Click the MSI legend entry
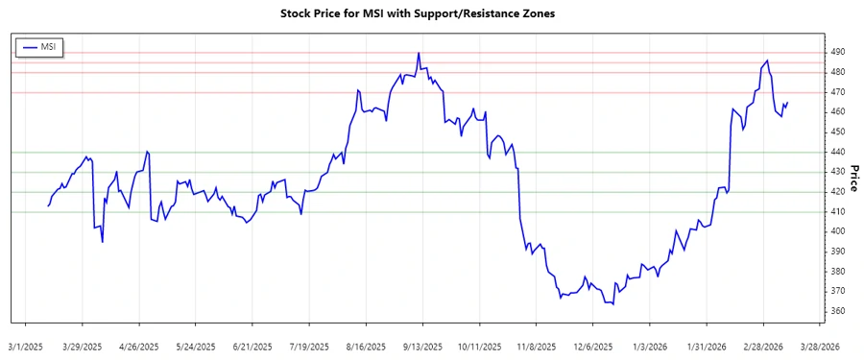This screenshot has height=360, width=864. (x=39, y=46)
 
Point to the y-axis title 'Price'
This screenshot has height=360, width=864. (x=852, y=177)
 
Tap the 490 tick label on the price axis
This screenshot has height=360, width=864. (x=838, y=52)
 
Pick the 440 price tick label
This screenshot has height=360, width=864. (x=838, y=152)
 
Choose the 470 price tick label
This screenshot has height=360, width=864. (x=838, y=92)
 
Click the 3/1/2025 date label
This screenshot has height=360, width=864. (x=26, y=346)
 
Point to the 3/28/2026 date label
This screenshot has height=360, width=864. (x=820, y=346)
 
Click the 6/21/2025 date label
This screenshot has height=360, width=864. (x=252, y=346)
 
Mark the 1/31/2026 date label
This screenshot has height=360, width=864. (x=707, y=346)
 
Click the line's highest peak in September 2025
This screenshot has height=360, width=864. (x=419, y=54)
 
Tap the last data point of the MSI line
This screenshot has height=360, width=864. (x=788, y=103)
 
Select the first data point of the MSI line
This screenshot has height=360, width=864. (x=48, y=205)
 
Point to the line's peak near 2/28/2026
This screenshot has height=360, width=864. (x=766, y=61)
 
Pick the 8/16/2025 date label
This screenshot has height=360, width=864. (x=366, y=346)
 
